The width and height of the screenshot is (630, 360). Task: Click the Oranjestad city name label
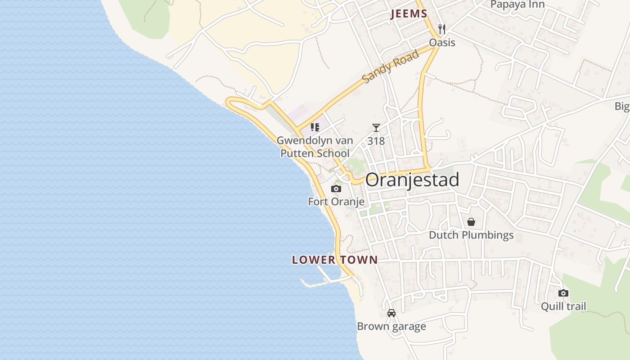[412, 180]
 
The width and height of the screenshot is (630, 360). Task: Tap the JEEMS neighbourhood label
[409, 14]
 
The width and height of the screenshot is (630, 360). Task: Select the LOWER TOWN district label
[334, 260]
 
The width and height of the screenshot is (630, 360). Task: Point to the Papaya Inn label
[517, 4]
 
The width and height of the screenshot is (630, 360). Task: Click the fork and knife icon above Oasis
[442, 30]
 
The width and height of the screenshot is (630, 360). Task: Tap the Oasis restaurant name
[442, 43]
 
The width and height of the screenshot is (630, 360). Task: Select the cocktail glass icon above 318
[376, 128]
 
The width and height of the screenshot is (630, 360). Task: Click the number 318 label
[376, 141]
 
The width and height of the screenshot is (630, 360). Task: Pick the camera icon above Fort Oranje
[336, 189]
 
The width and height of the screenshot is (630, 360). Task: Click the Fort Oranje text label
[336, 202]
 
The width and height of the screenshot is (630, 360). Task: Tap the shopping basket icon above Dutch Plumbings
[471, 222]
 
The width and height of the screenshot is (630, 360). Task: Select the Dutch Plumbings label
[471, 235]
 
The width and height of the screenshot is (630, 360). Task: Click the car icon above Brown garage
[391, 313]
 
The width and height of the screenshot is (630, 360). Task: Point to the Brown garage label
[391, 326]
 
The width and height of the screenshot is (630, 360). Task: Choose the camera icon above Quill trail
[563, 293]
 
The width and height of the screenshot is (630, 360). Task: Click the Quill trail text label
[563, 306]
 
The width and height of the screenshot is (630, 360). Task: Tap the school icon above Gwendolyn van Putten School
[315, 127]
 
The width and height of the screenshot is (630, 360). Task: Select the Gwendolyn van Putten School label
[315, 147]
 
